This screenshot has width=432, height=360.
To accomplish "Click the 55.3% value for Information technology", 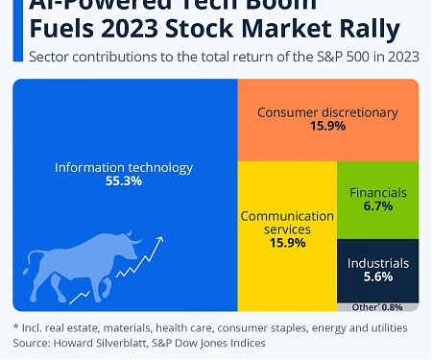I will (123, 181).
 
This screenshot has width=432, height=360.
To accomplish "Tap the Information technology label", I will (123, 167).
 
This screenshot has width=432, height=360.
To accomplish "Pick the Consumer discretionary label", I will (327, 112).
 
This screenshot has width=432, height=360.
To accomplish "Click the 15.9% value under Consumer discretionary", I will (327, 127).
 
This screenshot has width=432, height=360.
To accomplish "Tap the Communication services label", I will (285, 223).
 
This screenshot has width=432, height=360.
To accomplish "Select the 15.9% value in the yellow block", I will (285, 243).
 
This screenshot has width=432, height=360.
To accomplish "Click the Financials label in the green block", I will (378, 192).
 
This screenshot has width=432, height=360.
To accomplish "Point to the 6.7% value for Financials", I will (378, 206).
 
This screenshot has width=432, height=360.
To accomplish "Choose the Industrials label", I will (378, 262).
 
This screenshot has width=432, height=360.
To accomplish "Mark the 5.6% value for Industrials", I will (378, 276).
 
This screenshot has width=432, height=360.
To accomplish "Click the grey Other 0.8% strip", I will (378, 307).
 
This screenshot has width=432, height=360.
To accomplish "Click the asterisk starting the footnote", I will (16, 328).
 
